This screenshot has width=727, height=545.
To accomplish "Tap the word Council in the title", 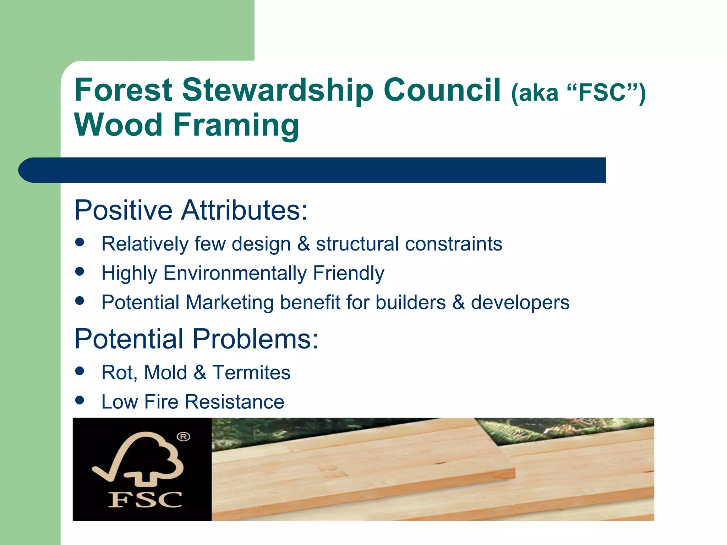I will tap(442, 90).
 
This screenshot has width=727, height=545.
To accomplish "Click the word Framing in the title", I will tap(236, 125).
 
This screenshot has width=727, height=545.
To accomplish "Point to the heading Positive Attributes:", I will tap(191, 210).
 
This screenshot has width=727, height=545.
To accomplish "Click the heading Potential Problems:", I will tap(196, 339).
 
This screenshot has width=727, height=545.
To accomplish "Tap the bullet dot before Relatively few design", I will tap(80, 242).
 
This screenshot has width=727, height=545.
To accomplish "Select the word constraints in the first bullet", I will tap(453, 244).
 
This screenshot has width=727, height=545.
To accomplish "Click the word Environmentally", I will tap(235, 273).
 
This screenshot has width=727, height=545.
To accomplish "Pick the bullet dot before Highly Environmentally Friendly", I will tap(80, 271).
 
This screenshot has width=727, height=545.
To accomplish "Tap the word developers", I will tap(520, 302).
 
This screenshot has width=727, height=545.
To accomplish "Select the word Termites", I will tap(251, 373).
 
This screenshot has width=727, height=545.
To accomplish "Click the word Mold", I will tap(165, 373).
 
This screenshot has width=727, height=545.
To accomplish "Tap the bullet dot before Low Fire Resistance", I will tap(80, 400).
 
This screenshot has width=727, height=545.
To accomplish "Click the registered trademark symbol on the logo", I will tap(183, 437).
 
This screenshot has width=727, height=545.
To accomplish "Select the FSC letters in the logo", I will tap(145, 500).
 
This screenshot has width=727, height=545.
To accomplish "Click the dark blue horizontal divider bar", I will tap(312, 170).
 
